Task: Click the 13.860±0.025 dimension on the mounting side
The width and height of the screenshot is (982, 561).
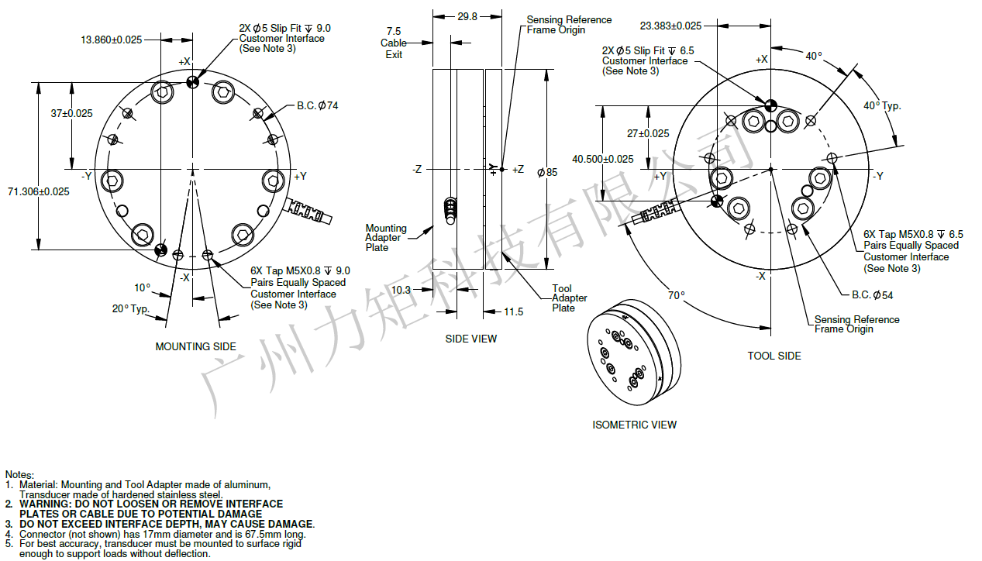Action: [x=111, y=40]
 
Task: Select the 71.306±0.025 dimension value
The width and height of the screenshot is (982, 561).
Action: [x=39, y=191]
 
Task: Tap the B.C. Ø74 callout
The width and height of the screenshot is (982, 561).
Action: [x=318, y=105]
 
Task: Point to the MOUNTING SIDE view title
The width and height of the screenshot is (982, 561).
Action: [x=196, y=346]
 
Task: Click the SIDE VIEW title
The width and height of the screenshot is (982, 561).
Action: [x=471, y=339]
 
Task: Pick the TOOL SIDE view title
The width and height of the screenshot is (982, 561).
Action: [x=774, y=356]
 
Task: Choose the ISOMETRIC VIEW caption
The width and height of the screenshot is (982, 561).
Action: [x=634, y=425]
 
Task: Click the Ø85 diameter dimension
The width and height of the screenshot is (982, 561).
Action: [x=546, y=172]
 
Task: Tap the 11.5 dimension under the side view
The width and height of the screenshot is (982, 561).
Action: [x=514, y=311]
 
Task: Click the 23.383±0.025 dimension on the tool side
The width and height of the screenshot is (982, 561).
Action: [x=671, y=26]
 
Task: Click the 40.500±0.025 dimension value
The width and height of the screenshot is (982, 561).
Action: [x=603, y=159]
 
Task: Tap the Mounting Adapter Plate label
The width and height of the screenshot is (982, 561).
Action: [x=386, y=238]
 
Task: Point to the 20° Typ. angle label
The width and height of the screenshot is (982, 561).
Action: [x=131, y=308]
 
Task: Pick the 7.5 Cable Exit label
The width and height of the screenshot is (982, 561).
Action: [x=393, y=43]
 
